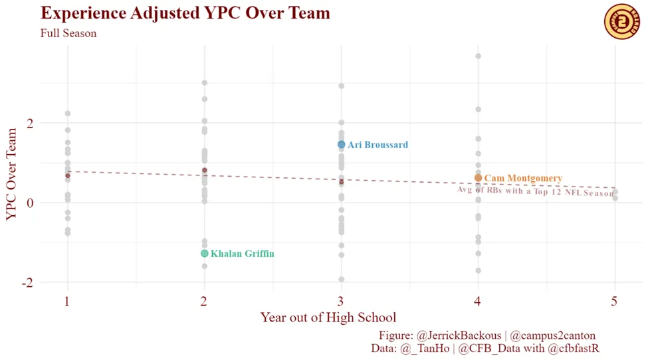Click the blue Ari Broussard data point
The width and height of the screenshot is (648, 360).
(x=341, y=145)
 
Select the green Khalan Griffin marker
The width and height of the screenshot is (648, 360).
(x=205, y=254)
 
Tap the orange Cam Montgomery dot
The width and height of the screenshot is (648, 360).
(x=478, y=178)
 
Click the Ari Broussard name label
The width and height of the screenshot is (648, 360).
(x=378, y=145)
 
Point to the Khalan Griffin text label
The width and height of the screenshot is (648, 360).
(x=242, y=254)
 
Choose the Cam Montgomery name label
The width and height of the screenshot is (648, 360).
(x=523, y=179)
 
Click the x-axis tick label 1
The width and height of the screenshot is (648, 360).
(x=67, y=301)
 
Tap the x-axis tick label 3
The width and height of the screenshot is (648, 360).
(x=341, y=301)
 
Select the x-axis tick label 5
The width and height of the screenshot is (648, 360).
(x=615, y=301)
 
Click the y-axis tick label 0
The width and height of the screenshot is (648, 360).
(x=29, y=203)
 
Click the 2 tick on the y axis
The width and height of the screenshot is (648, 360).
(x=29, y=124)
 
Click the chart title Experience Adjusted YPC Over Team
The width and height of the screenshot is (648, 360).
(x=185, y=13)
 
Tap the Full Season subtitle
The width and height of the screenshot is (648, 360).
(x=68, y=33)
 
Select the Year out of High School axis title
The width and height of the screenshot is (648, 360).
(x=328, y=317)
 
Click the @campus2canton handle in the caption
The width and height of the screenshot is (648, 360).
(x=553, y=335)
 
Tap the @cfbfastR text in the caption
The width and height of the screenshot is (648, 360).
(x=574, y=347)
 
